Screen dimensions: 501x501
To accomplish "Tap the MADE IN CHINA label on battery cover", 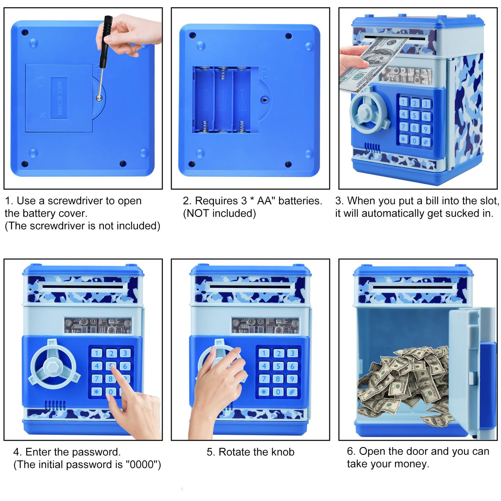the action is pyautogui.click(x=59, y=98).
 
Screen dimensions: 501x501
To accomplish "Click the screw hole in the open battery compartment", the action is pyautogui.click(x=265, y=99).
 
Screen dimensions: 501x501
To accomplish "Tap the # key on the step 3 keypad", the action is pyautogui.click(x=426, y=142).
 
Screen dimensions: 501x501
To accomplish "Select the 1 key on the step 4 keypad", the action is pyautogui.click(x=97, y=353).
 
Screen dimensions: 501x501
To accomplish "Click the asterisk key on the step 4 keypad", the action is pyautogui.click(x=96, y=391).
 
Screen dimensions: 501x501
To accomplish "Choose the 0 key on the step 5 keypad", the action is pyautogui.click(x=278, y=391).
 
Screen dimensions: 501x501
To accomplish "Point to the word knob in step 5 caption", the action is pyautogui.click(x=283, y=452).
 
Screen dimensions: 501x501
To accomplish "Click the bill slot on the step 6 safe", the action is pyautogui.click(x=413, y=287).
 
